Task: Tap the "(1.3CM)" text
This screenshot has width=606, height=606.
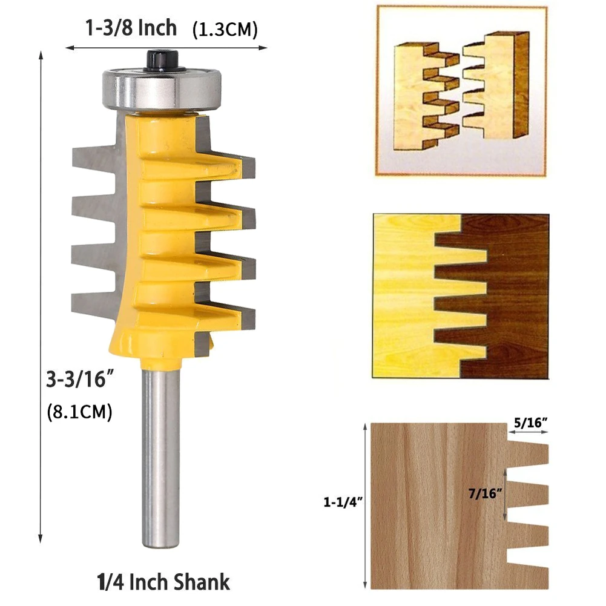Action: click(225, 30)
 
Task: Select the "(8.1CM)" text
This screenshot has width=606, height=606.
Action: click(79, 412)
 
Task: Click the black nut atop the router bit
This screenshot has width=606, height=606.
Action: click(159, 60)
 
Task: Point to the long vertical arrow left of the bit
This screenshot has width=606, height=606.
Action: click(41, 297)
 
